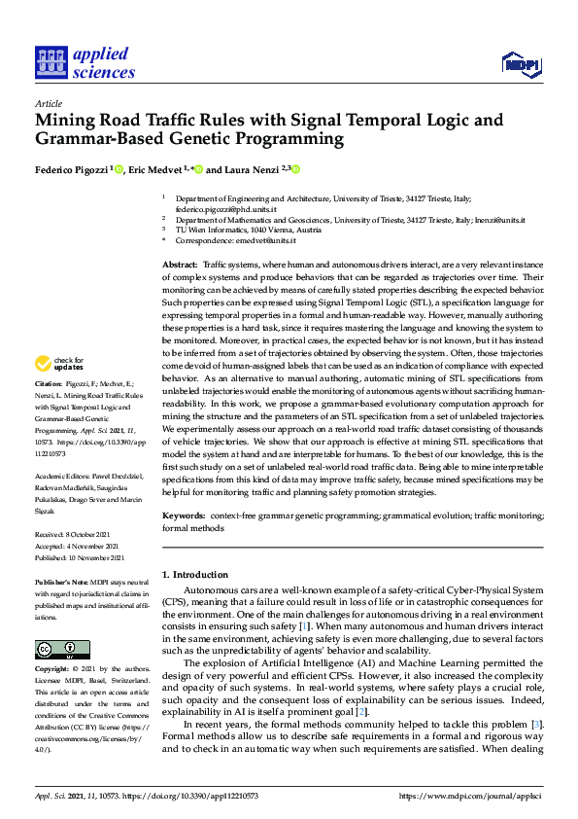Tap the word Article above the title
tap(48, 102)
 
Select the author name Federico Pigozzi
tap(73, 169)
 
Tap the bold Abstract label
tap(180, 265)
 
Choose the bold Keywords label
tap(184, 515)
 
